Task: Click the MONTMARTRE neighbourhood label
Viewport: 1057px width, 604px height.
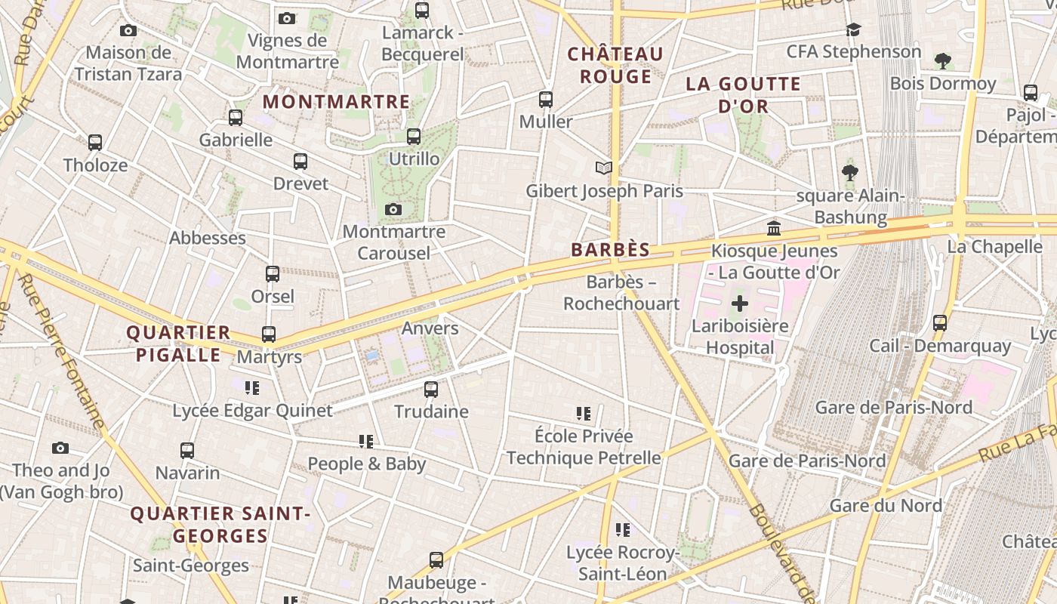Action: (336, 102)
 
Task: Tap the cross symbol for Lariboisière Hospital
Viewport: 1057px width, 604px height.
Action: (740, 304)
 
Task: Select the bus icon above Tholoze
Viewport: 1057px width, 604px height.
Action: (95, 143)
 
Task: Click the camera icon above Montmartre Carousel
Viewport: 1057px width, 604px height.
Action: (393, 209)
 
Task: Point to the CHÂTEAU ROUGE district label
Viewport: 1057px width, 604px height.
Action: (615, 65)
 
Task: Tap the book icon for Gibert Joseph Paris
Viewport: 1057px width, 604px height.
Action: (603, 168)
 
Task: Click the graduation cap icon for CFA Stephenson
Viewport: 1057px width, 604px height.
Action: (853, 29)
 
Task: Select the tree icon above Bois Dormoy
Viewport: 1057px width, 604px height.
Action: (942, 60)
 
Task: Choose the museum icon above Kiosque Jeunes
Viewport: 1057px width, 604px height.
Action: (774, 228)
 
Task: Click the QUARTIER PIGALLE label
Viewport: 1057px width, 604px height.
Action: (178, 344)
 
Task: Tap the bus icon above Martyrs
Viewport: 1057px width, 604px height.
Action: (269, 334)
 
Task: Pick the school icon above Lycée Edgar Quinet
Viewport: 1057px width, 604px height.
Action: (252, 388)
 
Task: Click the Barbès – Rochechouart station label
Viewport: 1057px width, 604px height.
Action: (621, 293)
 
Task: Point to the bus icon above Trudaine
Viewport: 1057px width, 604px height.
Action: (431, 390)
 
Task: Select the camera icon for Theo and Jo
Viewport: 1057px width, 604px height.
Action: (60, 448)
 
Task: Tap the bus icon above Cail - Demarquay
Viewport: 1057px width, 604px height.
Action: (940, 323)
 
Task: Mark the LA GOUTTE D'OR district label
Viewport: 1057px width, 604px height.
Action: (743, 95)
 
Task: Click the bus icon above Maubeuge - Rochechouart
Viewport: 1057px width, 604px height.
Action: (436, 560)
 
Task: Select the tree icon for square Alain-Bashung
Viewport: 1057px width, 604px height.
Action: (850, 173)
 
